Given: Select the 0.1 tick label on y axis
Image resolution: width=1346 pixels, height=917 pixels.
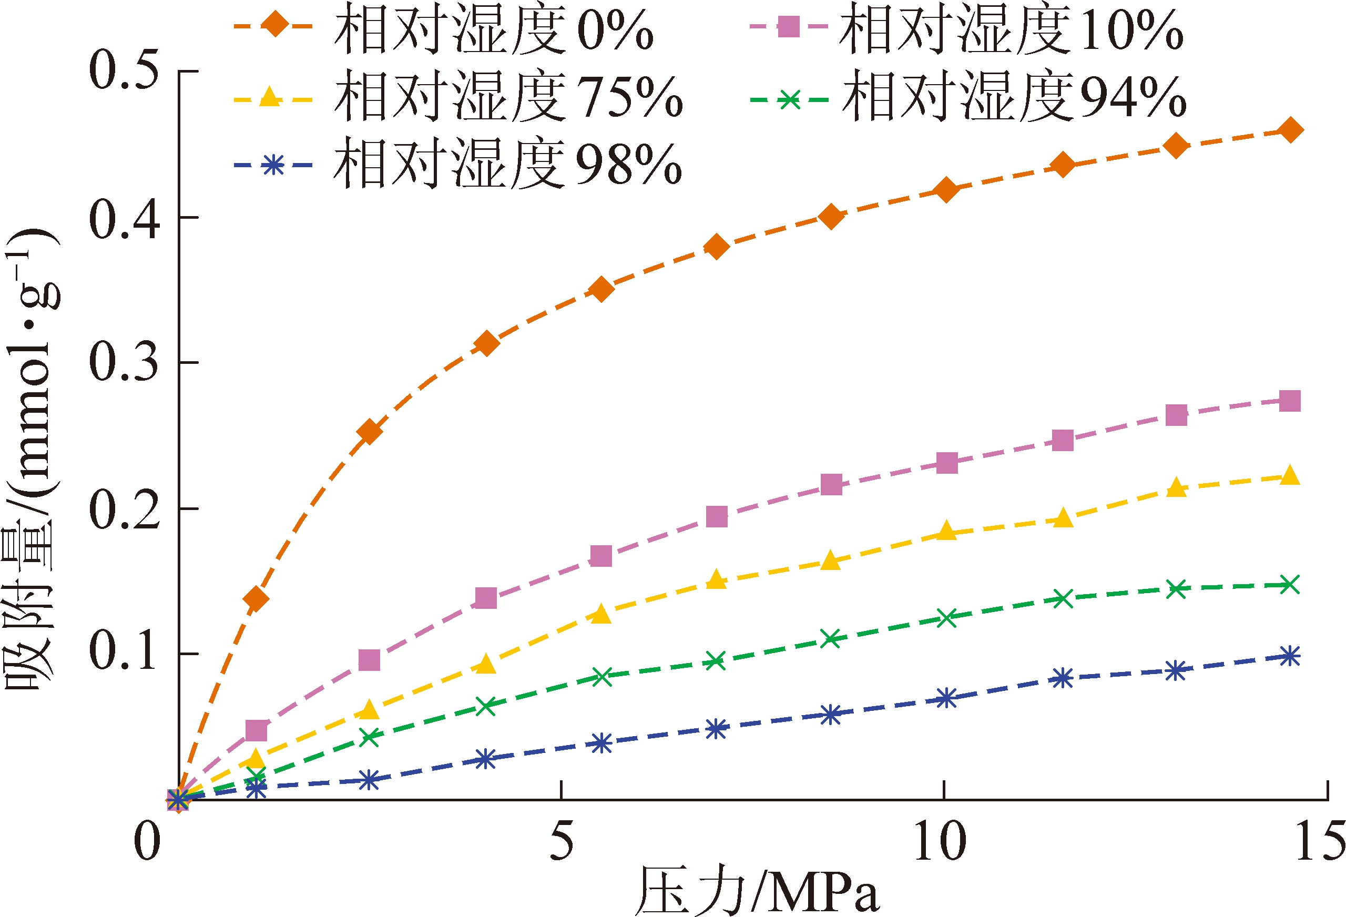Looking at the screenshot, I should point(124,654).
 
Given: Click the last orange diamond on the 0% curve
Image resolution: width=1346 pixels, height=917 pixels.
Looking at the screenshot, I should point(1289,130).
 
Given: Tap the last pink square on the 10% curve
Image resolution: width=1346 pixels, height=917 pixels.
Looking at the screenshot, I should point(1289,401).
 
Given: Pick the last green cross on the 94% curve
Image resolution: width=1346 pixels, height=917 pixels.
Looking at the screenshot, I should point(1289,585).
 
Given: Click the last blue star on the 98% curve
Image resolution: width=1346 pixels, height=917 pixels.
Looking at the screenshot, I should point(1289,656).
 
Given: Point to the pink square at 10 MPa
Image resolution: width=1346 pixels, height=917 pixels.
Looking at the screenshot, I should point(946,463).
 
